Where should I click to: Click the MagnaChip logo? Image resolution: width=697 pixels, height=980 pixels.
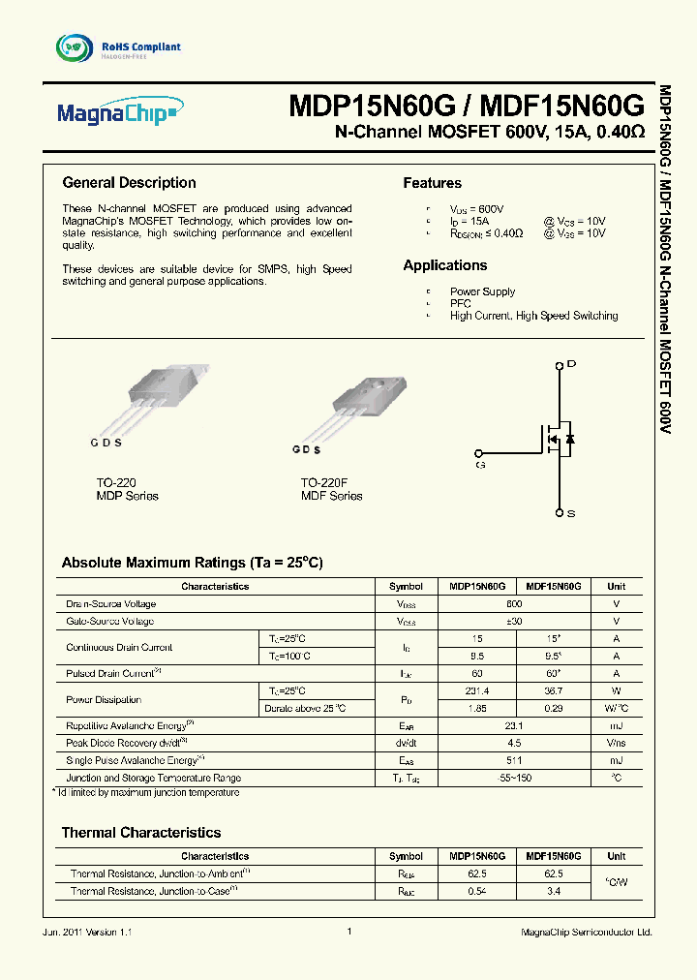[117, 114]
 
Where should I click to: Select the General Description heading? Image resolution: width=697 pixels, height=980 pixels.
[129, 183]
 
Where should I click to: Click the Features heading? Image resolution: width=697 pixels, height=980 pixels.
[432, 184]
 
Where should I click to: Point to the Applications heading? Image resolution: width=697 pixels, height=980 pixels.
[445, 265]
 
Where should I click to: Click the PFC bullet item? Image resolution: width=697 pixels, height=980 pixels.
[460, 303]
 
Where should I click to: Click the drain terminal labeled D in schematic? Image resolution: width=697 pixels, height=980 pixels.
[560, 365]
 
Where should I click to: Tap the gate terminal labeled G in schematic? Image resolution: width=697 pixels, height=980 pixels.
[477, 453]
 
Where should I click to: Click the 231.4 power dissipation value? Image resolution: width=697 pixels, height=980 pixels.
[476, 691]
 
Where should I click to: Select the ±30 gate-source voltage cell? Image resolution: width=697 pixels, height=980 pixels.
[515, 621]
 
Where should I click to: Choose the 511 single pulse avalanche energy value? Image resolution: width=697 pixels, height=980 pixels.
[515, 760]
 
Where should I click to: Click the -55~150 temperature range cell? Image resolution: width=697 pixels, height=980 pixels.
[515, 778]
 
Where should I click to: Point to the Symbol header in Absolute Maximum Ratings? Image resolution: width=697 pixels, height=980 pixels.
[406, 586]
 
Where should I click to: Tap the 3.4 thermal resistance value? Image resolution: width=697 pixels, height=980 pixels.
[554, 891]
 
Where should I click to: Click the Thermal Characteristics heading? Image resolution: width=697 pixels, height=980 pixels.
[140, 833]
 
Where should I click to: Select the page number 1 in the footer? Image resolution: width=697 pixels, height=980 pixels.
[348, 932]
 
